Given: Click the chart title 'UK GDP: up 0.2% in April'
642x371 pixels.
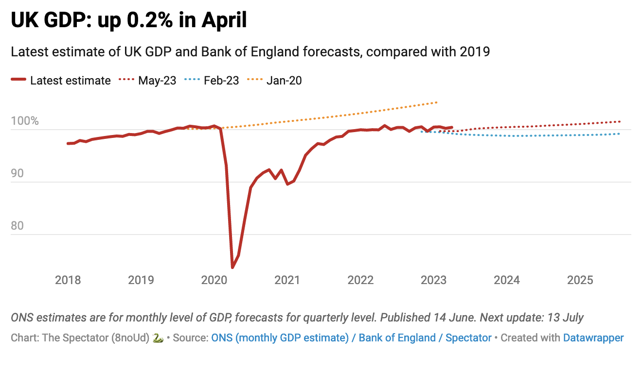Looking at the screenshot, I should pyautogui.click(x=128, y=20).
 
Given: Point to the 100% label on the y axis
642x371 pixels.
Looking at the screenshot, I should pyautogui.click(x=25, y=121).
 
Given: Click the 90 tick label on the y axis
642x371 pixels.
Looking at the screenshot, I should pyautogui.click(x=18, y=173).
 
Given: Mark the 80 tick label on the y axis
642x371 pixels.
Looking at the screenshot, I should pyautogui.click(x=18, y=226).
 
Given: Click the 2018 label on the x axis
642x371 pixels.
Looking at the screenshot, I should pyautogui.click(x=68, y=280).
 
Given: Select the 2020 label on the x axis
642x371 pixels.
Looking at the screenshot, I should pyautogui.click(x=214, y=280).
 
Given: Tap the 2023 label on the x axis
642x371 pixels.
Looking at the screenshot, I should pyautogui.click(x=433, y=280).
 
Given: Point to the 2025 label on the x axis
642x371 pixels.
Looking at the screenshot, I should pyautogui.click(x=580, y=280).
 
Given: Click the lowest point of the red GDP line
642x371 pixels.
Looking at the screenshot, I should pyautogui.click(x=232, y=268).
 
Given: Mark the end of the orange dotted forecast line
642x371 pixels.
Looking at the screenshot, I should pyautogui.click(x=437, y=102).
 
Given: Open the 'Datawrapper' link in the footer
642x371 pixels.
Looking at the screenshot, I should pyautogui.click(x=593, y=337).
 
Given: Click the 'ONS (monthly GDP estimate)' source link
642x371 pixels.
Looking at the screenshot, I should pyautogui.click(x=280, y=337).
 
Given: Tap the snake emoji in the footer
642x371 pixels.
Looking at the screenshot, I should pyautogui.click(x=158, y=337).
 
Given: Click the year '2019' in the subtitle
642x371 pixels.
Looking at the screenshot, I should pyautogui.click(x=475, y=52).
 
